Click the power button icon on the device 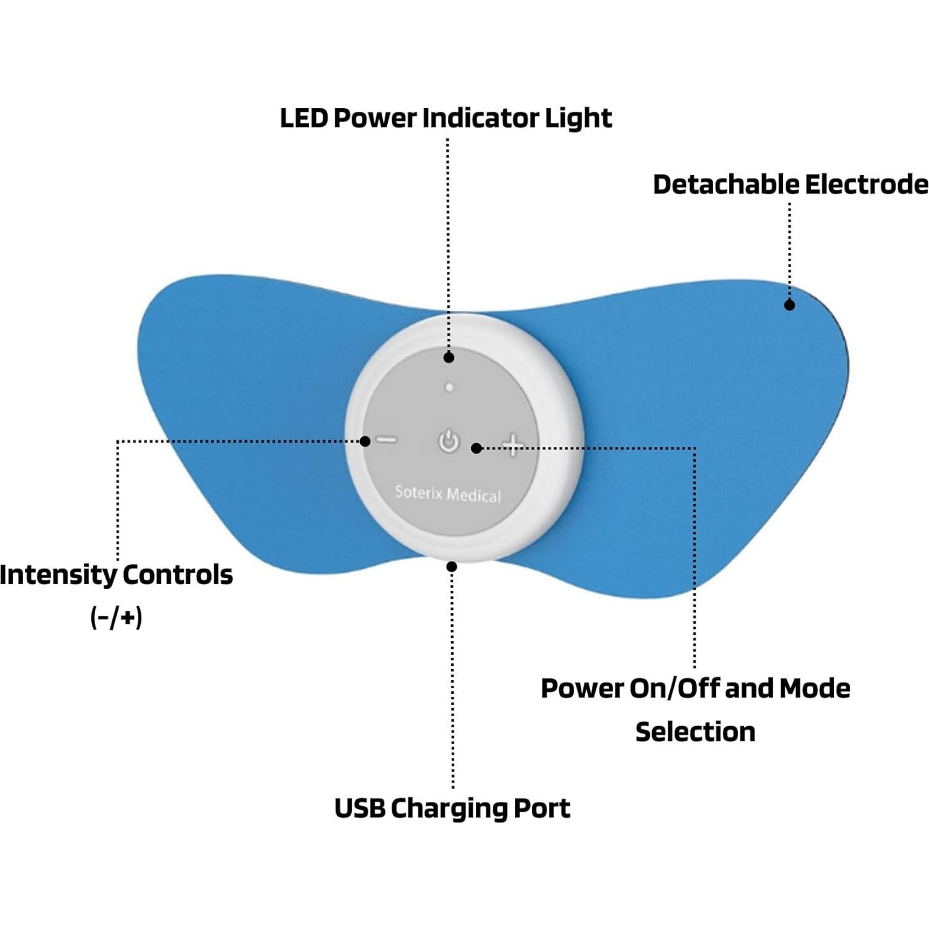point(448,442)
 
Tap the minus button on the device point(387,441)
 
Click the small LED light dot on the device point(449,387)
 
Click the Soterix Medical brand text point(447,494)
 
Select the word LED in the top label point(303,118)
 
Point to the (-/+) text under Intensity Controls point(116,617)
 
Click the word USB point(359,808)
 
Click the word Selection point(695,732)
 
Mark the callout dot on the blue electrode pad point(789,305)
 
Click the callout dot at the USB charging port point(452,567)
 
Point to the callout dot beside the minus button point(366,441)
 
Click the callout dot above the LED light point(449,357)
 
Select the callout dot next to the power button point(476,448)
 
